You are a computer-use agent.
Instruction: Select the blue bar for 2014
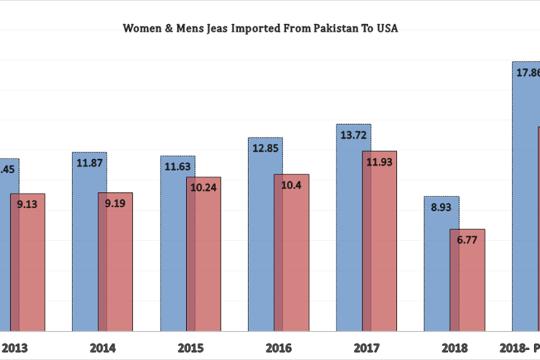click(x=85, y=248)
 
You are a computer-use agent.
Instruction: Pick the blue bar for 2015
click(x=173, y=248)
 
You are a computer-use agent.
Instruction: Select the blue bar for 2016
click(x=261, y=241)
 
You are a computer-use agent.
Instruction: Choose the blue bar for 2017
click(x=348, y=234)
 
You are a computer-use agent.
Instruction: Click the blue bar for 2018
click(x=436, y=270)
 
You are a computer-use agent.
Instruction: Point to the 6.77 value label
click(x=467, y=240)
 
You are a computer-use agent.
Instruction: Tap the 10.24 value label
click(x=204, y=187)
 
